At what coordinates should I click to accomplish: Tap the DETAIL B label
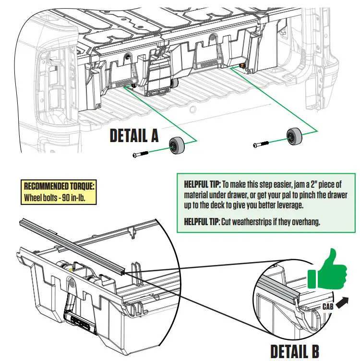click(x=295, y=350)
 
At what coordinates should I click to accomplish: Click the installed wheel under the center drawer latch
click(x=172, y=84)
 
